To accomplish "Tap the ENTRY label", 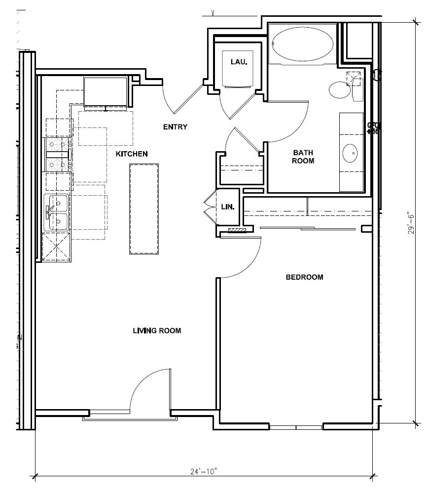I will tap(175, 127).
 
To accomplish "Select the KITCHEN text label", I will tap(132, 154).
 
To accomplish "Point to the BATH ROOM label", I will tap(303, 157).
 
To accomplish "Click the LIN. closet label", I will tap(228, 206).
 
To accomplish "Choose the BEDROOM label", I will tap(304, 277).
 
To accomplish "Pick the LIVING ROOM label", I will tap(157, 331).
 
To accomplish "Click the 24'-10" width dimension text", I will tap(204, 471).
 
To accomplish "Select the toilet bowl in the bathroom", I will tap(340, 90).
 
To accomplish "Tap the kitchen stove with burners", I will tap(58, 154).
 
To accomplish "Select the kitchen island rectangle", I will tap(144, 209).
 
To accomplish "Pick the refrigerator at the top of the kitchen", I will tap(106, 92).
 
